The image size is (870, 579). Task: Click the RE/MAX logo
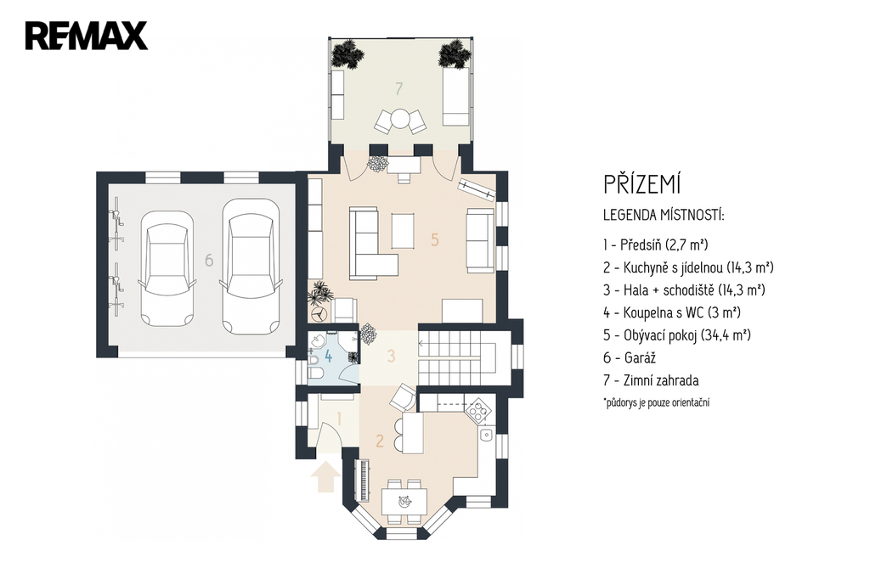86,36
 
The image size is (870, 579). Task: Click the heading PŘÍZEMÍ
642,184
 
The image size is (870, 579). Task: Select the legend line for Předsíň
656,245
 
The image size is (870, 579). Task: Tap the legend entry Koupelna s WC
672,312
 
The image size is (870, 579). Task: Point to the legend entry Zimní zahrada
651,381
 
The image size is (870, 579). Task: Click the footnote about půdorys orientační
657,402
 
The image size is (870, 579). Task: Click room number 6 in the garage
209,260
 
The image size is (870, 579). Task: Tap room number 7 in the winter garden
398,88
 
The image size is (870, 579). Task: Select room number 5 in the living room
435,239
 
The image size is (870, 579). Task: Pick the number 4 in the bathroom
329,356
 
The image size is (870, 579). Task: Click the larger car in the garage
251,267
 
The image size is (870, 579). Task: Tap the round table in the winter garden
399,119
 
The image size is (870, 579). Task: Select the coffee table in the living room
404,231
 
